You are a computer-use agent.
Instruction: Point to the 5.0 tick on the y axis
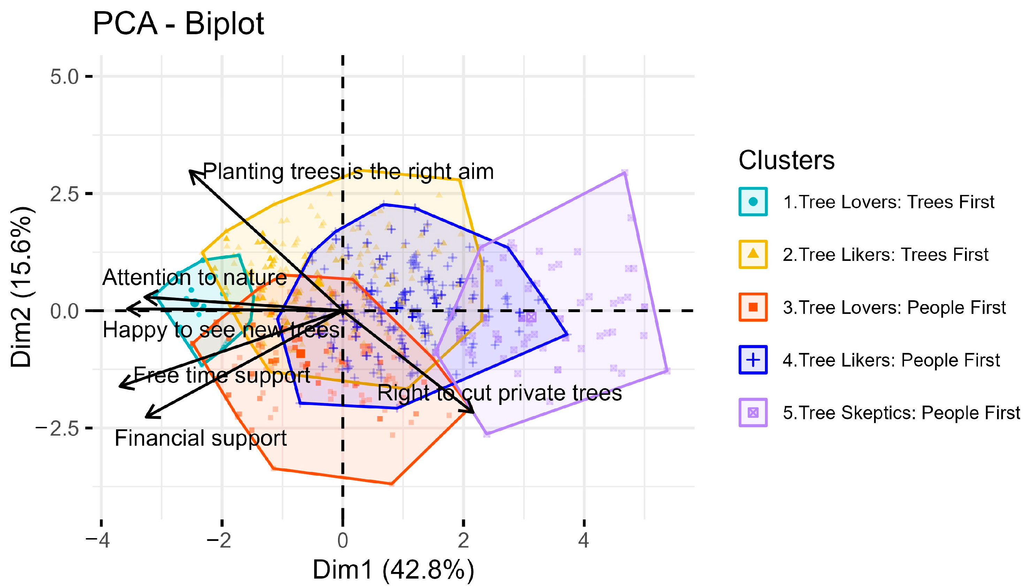(64, 77)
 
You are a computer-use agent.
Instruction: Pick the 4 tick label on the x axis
(583, 540)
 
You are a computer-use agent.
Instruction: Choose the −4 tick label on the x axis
(98, 540)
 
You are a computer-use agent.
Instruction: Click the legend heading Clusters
(786, 160)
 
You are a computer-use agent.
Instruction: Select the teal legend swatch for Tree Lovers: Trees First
(753, 202)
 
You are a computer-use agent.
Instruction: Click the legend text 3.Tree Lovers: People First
(894, 307)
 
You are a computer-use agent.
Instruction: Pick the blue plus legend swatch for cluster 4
(753, 360)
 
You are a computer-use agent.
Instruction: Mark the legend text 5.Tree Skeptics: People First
(901, 413)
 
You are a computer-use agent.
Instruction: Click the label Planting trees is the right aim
(348, 172)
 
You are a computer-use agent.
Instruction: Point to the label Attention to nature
(194, 278)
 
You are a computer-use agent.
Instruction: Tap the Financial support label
(200, 438)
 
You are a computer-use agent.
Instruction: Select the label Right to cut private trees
(499, 393)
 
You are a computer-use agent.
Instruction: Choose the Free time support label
(222, 376)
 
